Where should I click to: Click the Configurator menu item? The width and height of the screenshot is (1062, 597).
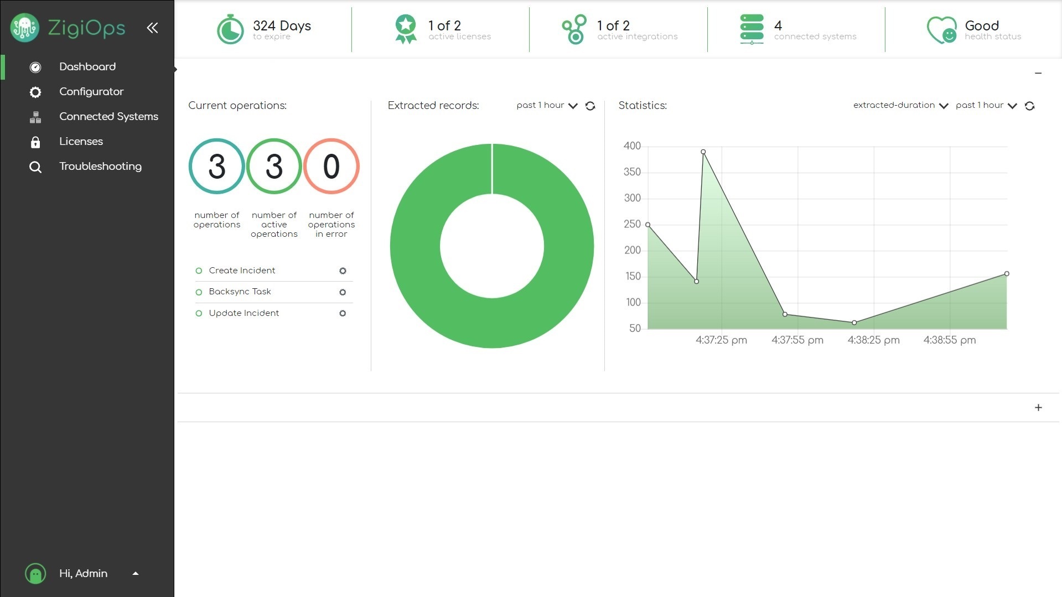click(91, 92)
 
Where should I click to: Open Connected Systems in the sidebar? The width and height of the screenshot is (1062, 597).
click(108, 117)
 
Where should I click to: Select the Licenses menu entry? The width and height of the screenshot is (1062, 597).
click(81, 142)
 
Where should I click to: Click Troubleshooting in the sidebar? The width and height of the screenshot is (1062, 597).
click(100, 167)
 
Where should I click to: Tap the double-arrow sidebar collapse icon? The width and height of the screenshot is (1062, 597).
click(152, 28)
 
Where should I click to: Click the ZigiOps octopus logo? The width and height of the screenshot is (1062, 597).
click(25, 28)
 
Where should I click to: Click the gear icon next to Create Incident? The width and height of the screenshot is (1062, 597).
click(343, 271)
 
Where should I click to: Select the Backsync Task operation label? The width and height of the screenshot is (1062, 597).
click(240, 292)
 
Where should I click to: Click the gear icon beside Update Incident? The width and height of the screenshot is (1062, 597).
click(343, 313)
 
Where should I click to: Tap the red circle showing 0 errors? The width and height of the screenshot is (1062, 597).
click(331, 166)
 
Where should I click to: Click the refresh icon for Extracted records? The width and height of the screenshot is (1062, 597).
click(590, 106)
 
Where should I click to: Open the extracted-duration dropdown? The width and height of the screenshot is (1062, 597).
click(900, 105)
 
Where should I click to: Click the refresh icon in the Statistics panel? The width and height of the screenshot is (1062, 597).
click(1029, 106)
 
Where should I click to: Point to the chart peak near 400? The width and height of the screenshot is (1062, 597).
click(703, 152)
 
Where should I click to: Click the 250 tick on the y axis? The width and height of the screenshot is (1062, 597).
click(632, 224)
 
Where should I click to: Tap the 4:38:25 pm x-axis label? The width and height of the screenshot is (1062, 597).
click(873, 340)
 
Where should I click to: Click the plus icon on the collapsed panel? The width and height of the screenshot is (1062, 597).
click(1038, 408)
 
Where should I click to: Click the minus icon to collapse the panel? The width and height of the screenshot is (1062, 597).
click(1038, 73)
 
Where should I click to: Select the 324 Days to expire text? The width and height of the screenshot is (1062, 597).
click(281, 29)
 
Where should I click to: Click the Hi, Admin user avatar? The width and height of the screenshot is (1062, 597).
click(35, 574)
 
